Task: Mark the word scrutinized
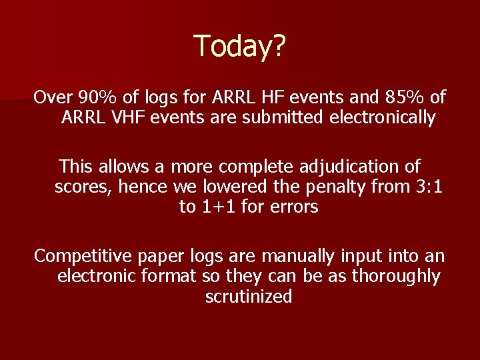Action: click(249, 297)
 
